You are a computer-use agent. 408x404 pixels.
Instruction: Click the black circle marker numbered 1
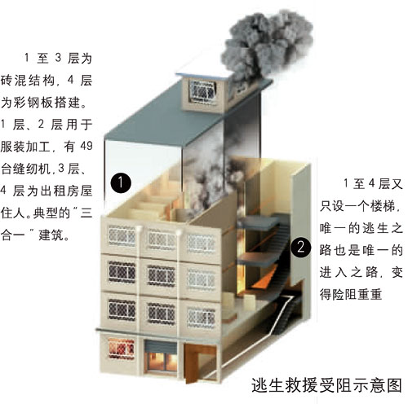121,182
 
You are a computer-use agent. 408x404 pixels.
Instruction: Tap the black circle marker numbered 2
300,248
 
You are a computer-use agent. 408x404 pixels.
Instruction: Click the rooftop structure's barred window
203,91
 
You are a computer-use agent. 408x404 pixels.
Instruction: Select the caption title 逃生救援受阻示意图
326,385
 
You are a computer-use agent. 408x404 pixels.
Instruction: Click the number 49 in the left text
86,146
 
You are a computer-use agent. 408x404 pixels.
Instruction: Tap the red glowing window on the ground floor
122,349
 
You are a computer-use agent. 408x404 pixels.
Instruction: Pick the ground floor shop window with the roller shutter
161,356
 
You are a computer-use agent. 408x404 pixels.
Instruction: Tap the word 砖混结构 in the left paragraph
28,81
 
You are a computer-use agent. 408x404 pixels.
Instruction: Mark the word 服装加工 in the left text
25,147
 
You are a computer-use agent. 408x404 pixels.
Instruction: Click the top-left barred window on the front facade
122,235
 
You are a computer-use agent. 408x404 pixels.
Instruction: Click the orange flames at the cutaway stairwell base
261,279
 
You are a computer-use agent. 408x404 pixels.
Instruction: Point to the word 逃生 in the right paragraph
370,228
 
